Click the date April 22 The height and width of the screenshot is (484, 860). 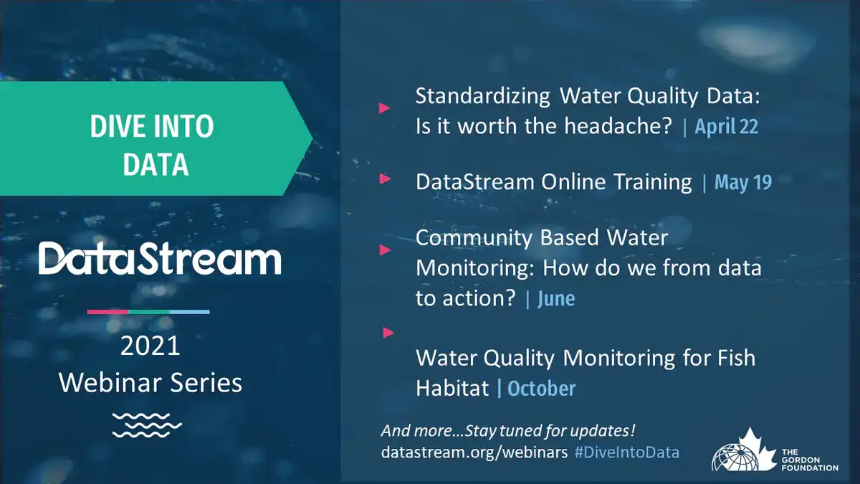pos(727,126)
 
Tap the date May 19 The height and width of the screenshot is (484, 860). pos(743,182)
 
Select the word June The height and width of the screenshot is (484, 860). pos(556,299)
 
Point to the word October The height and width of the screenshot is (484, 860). pos(541,389)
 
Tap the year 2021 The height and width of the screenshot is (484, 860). pos(150,346)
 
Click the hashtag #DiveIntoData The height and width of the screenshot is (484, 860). pos(627,452)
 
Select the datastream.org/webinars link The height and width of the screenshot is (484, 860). pos(474,452)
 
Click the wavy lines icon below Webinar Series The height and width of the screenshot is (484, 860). pos(147,425)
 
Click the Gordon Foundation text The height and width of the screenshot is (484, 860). pos(810,460)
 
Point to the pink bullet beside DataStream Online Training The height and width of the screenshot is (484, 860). pos(385,179)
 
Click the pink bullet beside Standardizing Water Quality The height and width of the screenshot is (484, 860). pos(384,108)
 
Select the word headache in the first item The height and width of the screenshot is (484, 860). pos(618,125)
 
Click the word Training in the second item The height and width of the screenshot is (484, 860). pos(653,181)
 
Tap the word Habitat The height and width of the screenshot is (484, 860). pos(452,388)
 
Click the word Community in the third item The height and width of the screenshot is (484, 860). pos(474,238)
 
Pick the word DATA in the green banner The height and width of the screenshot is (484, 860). pos(156,164)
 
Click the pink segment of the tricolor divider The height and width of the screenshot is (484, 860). pos(108,312)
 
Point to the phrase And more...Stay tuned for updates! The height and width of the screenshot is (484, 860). pos(508,431)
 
